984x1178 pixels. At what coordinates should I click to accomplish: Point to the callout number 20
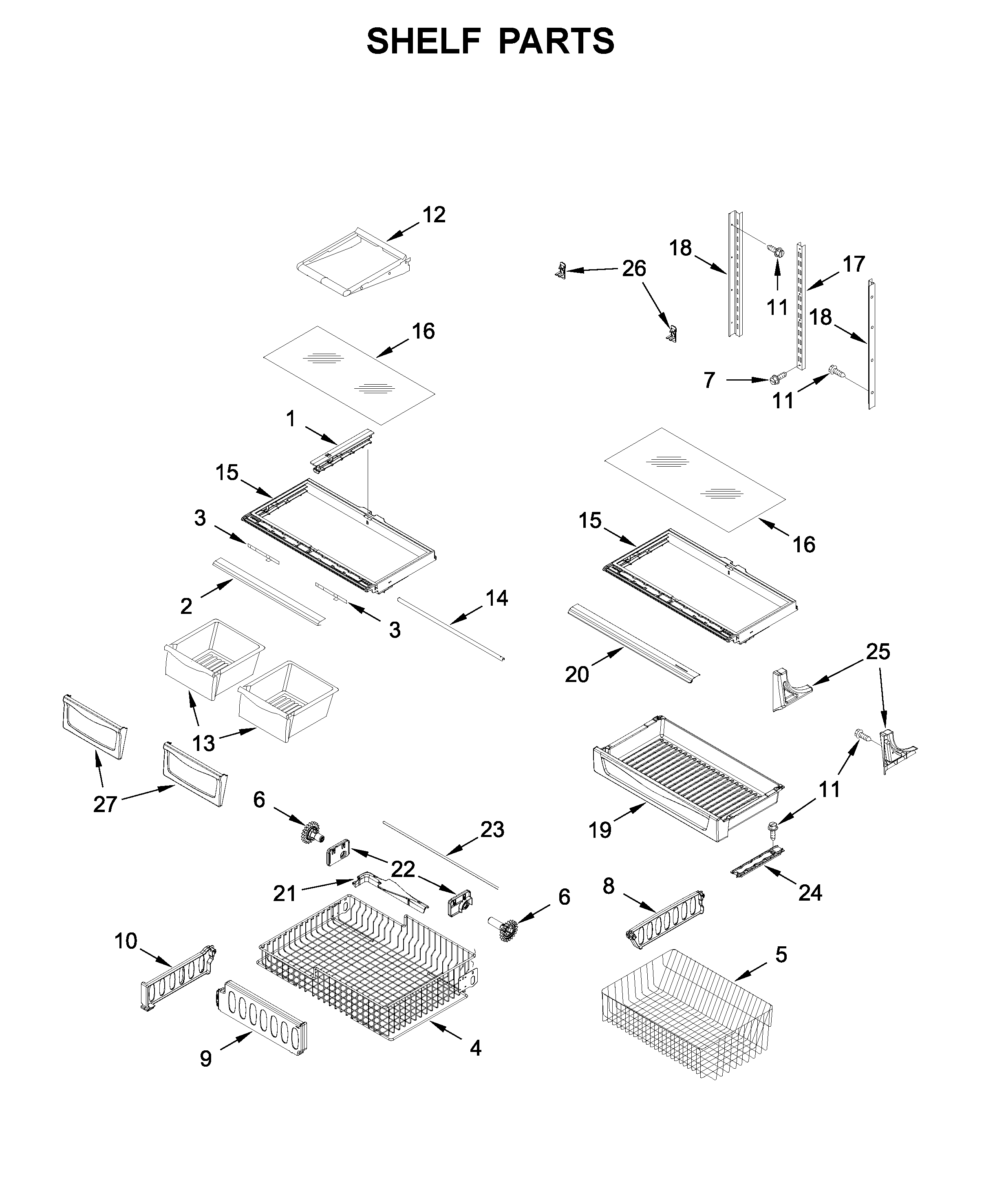coord(576,674)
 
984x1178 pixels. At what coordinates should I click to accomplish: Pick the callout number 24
coord(810,892)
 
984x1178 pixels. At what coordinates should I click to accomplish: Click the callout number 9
coord(206,1058)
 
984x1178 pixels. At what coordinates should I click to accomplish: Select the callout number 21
coord(284,894)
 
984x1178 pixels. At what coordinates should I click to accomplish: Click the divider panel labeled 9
coord(261,1018)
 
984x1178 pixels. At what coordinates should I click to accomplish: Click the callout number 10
coord(126,941)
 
